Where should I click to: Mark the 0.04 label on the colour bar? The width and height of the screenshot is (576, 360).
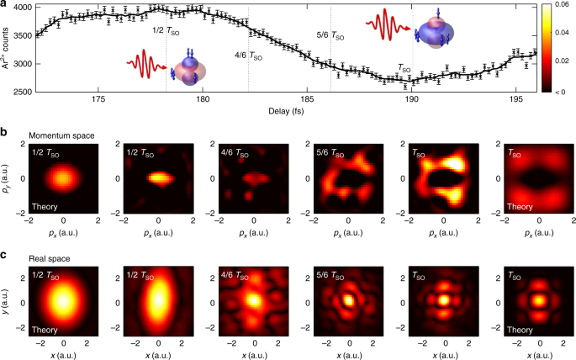point(561,34)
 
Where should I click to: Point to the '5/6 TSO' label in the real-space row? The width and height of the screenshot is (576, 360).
point(325,275)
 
